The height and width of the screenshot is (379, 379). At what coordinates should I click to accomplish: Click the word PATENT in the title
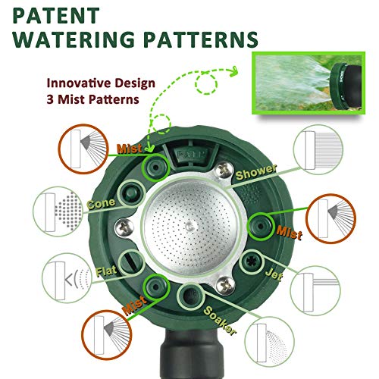56,16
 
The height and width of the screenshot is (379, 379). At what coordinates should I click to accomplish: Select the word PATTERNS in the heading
202,39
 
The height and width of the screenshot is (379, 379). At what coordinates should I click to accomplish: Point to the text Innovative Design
101,83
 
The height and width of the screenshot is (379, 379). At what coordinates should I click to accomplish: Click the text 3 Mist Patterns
92,99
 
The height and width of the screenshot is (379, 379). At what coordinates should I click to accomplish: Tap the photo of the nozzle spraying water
309,83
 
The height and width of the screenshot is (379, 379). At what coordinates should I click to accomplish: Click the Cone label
101,204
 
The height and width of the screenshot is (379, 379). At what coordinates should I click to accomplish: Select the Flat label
106,271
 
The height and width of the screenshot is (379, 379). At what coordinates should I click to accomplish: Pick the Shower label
255,172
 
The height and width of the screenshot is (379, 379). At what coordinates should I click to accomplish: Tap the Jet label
274,274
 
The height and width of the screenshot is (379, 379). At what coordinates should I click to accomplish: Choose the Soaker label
219,321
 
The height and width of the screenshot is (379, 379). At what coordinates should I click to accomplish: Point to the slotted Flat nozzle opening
132,262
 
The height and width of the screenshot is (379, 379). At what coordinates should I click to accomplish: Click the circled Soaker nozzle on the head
190,295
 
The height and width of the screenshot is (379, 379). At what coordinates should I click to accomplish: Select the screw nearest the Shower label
224,170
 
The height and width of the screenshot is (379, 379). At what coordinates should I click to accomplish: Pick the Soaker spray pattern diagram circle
269,342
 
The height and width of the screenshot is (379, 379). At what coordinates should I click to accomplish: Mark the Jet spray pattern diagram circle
315,290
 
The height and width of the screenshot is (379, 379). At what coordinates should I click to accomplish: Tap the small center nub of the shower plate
188,226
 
